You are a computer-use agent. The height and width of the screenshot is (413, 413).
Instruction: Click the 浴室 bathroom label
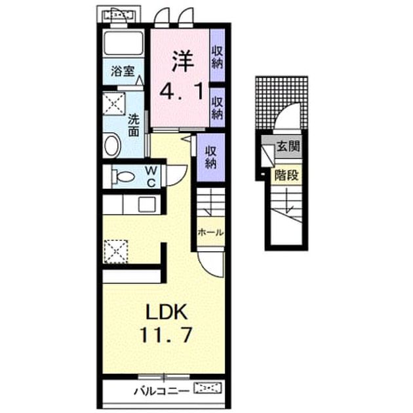point(123,71)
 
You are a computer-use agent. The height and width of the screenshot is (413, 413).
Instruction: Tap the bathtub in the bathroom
point(123,43)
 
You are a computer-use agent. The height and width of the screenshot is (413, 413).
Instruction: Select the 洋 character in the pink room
point(182,62)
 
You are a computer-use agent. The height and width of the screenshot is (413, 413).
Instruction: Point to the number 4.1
point(182,91)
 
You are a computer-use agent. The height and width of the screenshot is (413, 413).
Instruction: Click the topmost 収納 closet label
point(217,57)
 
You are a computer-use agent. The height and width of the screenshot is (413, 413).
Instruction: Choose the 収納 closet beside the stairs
point(210,157)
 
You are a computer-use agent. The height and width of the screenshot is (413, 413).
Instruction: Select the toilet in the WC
point(123,176)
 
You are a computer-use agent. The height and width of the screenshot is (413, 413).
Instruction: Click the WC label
point(151,176)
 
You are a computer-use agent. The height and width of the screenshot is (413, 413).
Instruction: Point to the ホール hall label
point(210,233)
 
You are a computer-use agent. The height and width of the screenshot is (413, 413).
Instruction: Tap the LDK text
point(167,312)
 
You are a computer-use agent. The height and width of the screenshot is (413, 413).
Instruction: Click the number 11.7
point(166,334)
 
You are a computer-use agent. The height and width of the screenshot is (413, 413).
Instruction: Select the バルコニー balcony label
point(161,391)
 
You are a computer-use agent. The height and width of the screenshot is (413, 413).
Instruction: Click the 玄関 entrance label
point(288,146)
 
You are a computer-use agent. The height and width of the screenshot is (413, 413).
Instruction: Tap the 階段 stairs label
point(286,175)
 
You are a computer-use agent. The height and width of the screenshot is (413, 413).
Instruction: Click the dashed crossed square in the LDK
point(116,251)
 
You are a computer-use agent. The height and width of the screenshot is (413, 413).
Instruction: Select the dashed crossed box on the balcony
point(208,388)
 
